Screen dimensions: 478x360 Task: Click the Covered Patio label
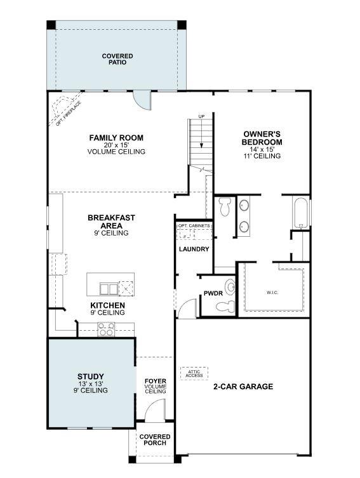tap(117, 59)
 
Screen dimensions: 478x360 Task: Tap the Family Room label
tap(116, 138)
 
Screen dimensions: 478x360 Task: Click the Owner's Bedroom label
tap(262, 138)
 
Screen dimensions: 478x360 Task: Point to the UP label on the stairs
tap(202, 117)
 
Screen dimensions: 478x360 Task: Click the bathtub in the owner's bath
tap(300, 213)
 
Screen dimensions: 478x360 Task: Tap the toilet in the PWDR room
tap(225, 307)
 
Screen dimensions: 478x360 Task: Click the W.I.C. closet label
tap(272, 293)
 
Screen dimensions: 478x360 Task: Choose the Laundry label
tap(194, 249)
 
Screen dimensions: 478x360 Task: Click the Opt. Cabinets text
tap(194, 226)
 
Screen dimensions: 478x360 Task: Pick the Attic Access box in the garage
tap(194, 374)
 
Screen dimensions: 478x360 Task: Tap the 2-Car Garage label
tap(243, 386)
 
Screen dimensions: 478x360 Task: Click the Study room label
tap(91, 376)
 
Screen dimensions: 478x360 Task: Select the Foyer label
tap(155, 382)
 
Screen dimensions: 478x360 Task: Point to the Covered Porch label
tap(155, 439)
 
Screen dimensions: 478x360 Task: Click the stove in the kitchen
tap(105, 329)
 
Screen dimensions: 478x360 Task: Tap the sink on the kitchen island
tap(109, 289)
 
